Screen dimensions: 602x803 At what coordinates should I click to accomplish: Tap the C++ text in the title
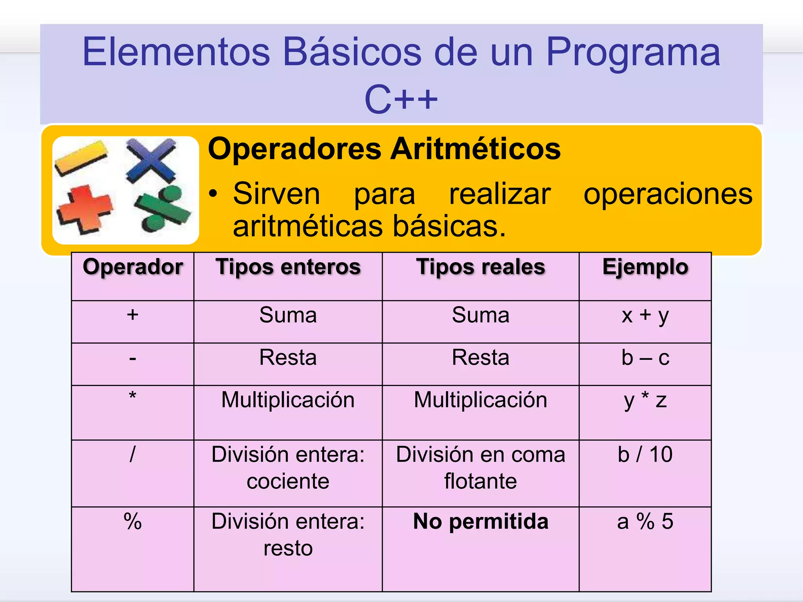click(x=401, y=100)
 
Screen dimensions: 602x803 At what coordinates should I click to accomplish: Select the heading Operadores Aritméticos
click(x=384, y=149)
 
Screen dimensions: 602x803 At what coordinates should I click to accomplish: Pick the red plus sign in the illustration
click(x=85, y=210)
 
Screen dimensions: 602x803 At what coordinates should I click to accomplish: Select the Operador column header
click(x=133, y=267)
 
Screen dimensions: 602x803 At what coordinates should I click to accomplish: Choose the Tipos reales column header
click(x=480, y=267)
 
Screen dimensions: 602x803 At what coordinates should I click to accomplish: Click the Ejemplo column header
click(x=645, y=267)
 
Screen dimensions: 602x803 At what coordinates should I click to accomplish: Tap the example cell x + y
click(x=645, y=316)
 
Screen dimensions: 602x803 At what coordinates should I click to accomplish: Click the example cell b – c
click(x=645, y=358)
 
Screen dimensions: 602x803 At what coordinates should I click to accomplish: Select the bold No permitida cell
click(x=480, y=522)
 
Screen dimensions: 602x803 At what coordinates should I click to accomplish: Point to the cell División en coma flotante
click(x=480, y=468)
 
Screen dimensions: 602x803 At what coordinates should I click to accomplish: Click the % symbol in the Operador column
click(x=133, y=522)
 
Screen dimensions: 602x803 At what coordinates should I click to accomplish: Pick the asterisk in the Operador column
click(x=133, y=396)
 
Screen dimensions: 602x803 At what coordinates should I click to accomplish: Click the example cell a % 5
click(x=645, y=522)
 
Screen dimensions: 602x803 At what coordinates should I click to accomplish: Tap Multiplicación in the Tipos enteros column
click(x=288, y=400)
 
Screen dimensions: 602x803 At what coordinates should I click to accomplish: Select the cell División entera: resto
click(x=288, y=535)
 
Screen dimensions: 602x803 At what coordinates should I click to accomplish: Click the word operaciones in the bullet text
click(x=668, y=194)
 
